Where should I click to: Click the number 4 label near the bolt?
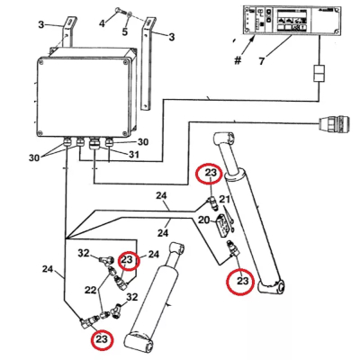pyautogui.click(x=102, y=19)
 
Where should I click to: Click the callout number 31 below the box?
pyautogui.click(x=133, y=154)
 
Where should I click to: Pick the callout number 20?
pyautogui.click(x=204, y=220)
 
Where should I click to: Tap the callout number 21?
pyautogui.click(x=226, y=199)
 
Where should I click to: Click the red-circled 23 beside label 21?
pyautogui.click(x=209, y=175)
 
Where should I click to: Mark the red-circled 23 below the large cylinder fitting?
pyautogui.click(x=242, y=282)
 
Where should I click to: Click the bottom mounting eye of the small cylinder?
pyautogui.click(x=139, y=343)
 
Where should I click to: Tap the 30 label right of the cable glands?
pyautogui.click(x=142, y=141)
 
